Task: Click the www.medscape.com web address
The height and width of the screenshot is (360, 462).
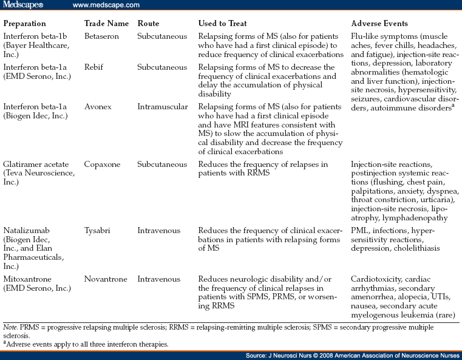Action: pos(106,5)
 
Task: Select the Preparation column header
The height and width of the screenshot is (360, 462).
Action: pos(24,24)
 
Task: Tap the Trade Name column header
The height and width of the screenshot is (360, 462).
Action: pos(106,24)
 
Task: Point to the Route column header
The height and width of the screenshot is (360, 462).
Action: pos(148,24)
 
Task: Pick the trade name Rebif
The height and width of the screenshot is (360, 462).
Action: pos(94,67)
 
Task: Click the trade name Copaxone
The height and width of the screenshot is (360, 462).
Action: pos(101,165)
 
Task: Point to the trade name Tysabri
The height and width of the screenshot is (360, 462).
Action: pos(98,231)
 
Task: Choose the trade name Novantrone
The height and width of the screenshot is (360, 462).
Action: pos(104,279)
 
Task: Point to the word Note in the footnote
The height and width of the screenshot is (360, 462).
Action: pos(10,327)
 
